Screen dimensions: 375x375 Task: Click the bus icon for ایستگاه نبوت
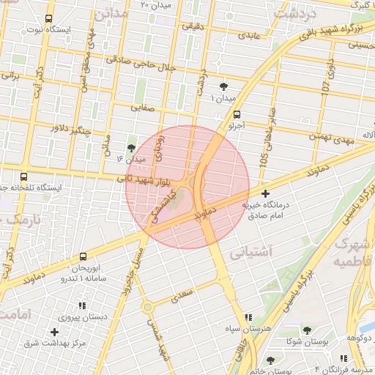pyautogui.click(x=48, y=19)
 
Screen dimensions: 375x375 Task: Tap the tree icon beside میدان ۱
pyautogui.click(x=223, y=86)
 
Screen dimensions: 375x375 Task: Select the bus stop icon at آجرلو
pyautogui.click(x=236, y=114)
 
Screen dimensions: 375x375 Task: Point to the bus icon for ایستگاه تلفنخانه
pyautogui.click(x=24, y=177)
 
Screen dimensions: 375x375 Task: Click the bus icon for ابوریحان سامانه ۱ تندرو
pyautogui.click(x=82, y=256)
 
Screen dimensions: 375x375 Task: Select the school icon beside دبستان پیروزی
pyautogui.click(x=82, y=305)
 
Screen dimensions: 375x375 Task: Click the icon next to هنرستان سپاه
pyautogui.click(x=248, y=317)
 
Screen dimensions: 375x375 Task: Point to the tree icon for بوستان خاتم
pyautogui.click(x=270, y=360)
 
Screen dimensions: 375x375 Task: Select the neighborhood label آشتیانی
pyautogui.click(x=251, y=253)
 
